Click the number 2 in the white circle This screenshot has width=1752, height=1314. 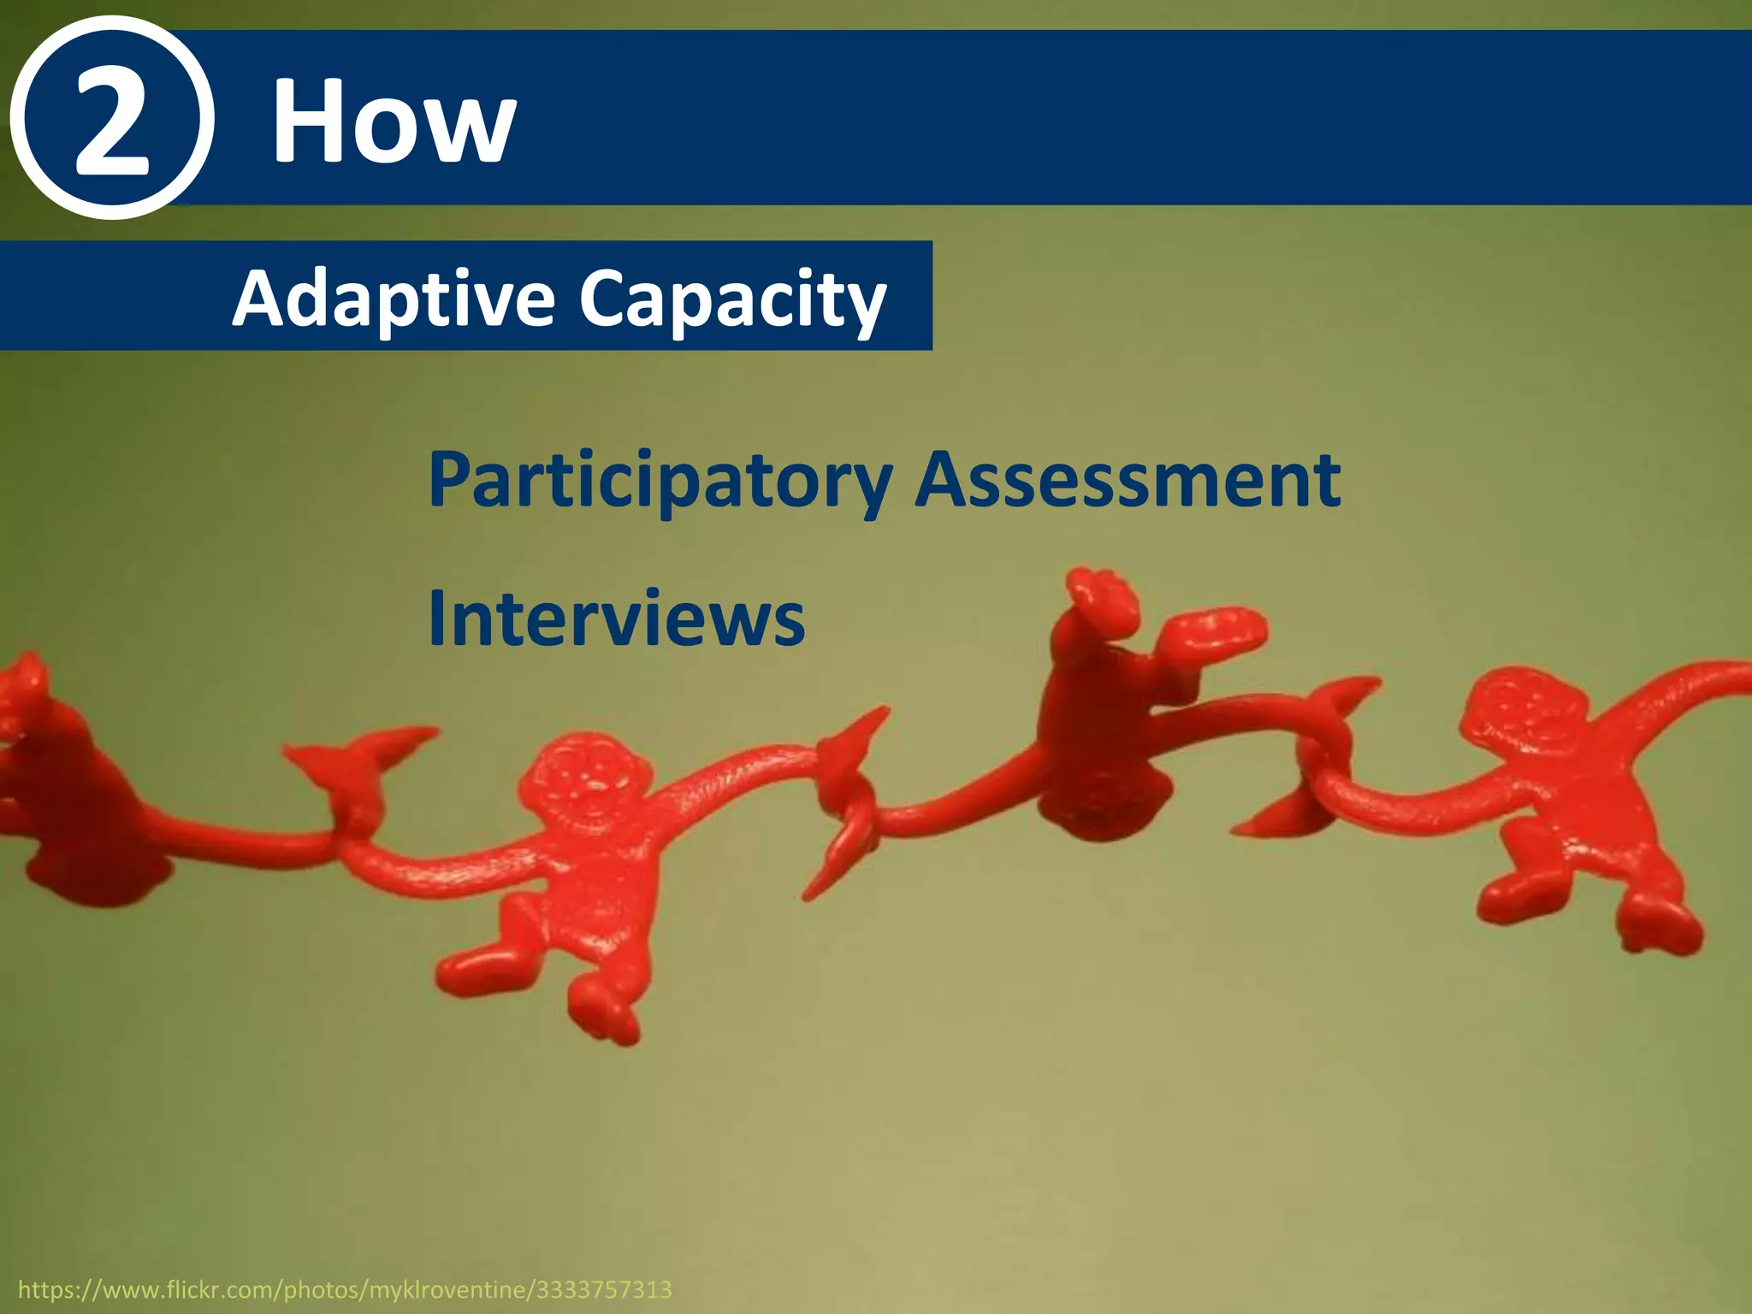coord(111,120)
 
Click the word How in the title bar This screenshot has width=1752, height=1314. coord(394,121)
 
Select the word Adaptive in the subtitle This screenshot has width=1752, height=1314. coord(394,299)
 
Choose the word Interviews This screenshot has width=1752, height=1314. coord(616,618)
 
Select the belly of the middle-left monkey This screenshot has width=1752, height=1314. coord(590,890)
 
